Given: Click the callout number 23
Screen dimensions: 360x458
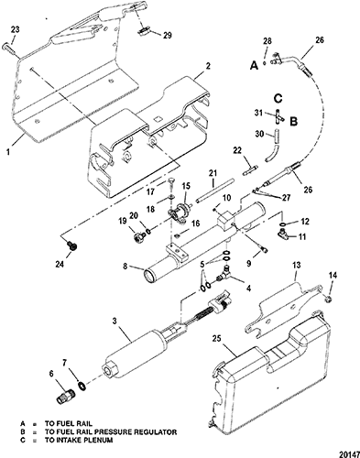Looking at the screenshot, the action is [x=15, y=29].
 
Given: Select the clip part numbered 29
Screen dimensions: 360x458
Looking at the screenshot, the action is [x=143, y=31].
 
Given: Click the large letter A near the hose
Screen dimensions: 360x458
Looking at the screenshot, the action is [x=254, y=65].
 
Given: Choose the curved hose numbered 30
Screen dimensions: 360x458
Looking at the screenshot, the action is [x=272, y=146].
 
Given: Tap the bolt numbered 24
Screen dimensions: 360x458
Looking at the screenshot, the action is [x=73, y=245].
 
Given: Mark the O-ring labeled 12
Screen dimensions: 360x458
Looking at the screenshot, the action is [x=283, y=224].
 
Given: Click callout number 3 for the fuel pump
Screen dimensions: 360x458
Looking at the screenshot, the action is [x=115, y=322].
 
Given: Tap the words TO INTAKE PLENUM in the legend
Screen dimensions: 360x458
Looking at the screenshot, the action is [x=79, y=440].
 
